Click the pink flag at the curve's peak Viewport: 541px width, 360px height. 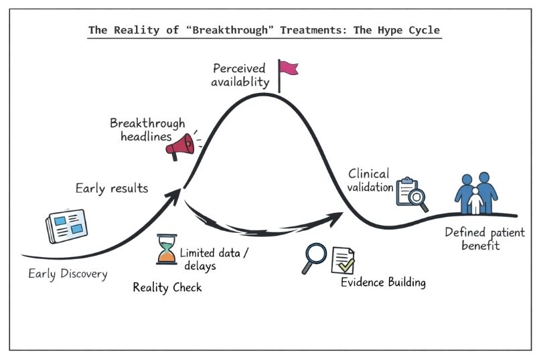[288, 68]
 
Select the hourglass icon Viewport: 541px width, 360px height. [165, 250]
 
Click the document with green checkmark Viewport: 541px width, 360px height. [343, 260]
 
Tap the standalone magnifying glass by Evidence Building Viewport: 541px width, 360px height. [313, 257]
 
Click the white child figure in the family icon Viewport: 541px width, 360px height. [475, 200]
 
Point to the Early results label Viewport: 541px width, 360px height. [111, 188]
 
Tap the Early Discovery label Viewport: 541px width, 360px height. [68, 274]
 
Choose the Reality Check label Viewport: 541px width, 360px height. [167, 288]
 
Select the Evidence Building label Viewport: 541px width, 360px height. [383, 282]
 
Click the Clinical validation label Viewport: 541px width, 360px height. [370, 181]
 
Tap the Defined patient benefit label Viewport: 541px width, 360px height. [485, 239]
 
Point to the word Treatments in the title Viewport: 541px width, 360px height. [295, 31]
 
